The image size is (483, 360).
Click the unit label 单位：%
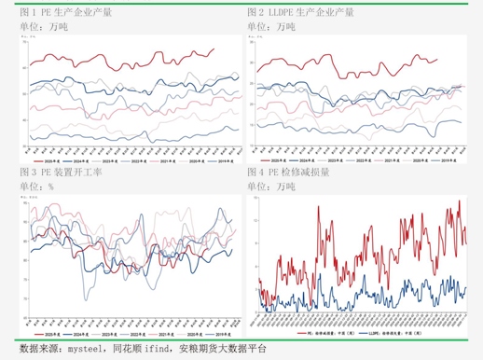[36, 187]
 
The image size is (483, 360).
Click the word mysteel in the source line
[82, 349]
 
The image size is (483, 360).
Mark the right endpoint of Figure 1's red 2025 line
[214, 49]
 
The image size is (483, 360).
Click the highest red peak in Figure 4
[458, 201]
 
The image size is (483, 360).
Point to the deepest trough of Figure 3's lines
[86, 298]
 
